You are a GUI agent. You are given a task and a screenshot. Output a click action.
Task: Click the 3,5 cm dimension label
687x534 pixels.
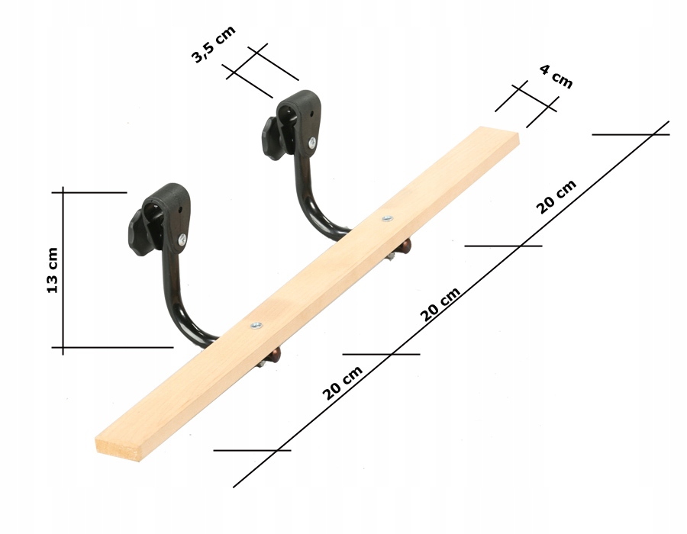pos(214,44)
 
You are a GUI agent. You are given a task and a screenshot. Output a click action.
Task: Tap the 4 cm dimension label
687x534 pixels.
pos(556,76)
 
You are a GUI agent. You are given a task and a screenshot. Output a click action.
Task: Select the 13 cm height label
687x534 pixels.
pos(53,271)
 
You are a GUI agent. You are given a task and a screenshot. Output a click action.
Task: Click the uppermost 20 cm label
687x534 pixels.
pos(556,198)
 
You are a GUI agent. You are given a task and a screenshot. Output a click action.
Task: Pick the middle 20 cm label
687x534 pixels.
pos(440,304)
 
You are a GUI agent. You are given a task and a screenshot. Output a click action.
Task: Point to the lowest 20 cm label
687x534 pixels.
pos(343,383)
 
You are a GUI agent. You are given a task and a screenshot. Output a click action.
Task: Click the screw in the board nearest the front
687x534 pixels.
pos(256,325)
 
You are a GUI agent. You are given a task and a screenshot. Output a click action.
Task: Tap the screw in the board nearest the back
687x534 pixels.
pos(387,218)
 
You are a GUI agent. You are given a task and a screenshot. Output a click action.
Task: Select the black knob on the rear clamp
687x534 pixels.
pos(272,138)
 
